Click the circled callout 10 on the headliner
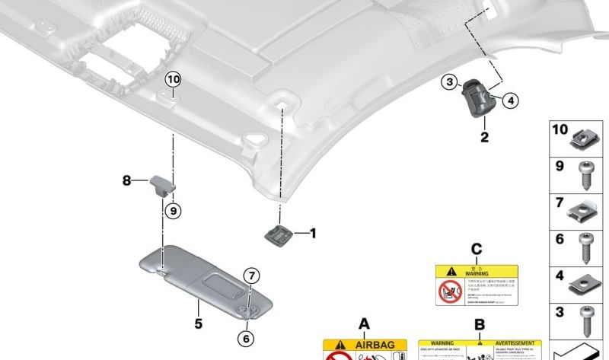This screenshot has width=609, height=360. [173, 79]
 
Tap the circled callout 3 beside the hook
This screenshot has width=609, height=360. [450, 82]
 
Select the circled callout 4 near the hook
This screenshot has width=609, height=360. [510, 100]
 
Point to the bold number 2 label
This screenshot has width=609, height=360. [483, 138]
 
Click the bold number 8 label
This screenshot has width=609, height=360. [127, 180]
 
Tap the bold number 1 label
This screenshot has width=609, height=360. [311, 233]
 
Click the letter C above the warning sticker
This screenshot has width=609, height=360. [477, 249]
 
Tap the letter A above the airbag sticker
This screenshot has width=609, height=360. [364, 324]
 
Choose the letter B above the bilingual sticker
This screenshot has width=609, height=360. [480, 324]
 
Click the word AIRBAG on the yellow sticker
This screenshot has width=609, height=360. [371, 345]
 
